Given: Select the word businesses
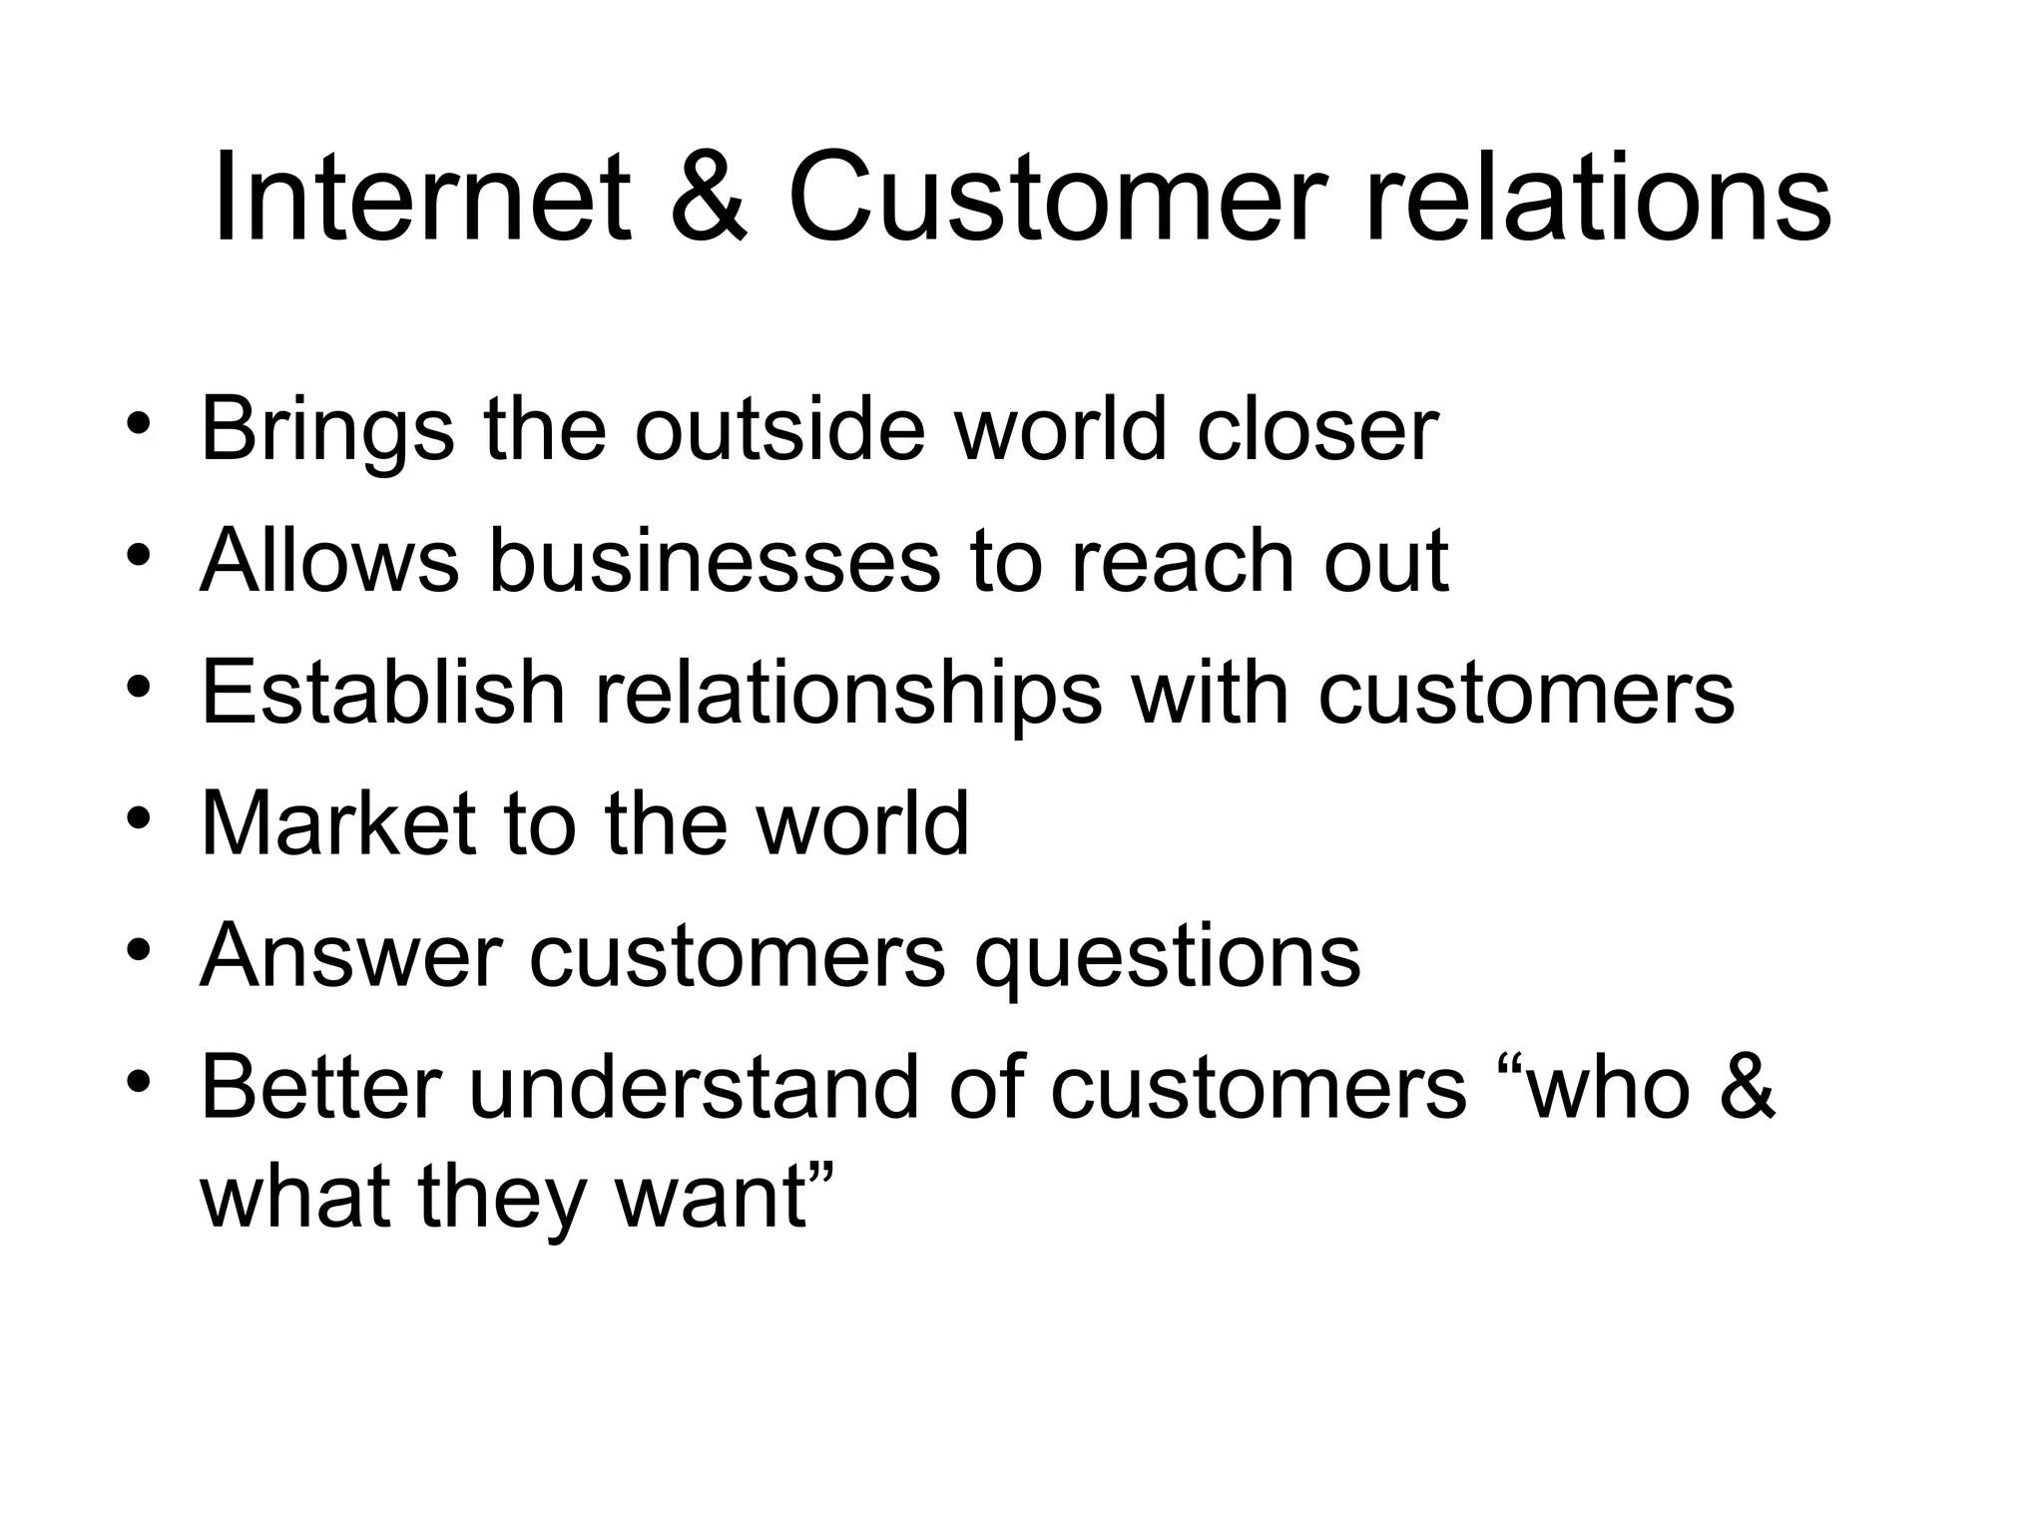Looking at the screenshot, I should coord(715,561).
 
